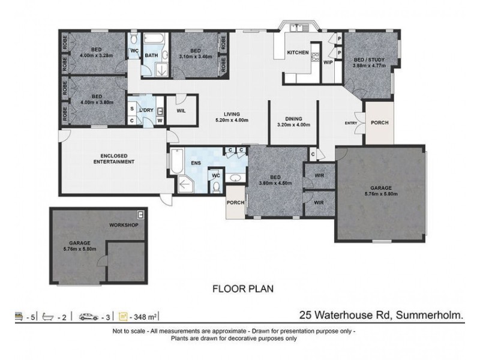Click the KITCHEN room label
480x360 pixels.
298,53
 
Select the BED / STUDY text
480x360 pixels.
369,60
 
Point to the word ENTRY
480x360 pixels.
350,123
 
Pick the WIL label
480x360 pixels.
181,110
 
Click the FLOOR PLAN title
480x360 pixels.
243,288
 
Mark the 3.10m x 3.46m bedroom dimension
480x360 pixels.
195,57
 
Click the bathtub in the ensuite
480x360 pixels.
176,160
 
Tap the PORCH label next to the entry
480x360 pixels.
379,122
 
